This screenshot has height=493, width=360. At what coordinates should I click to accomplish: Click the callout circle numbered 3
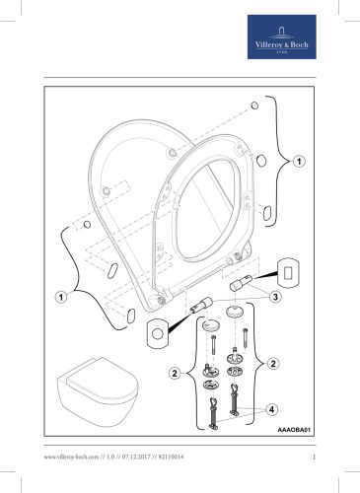pos(277,296)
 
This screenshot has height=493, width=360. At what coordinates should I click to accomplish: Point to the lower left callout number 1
pos(60,295)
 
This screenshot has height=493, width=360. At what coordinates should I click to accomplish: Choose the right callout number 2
pos(273,364)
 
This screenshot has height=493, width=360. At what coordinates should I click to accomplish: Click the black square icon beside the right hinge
pos(288,268)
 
